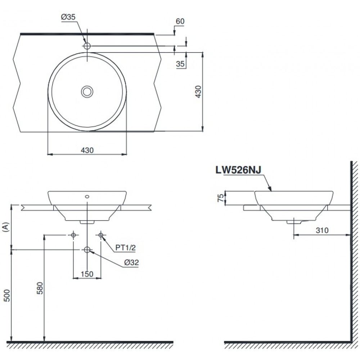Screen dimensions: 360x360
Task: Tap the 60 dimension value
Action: [x=180, y=21]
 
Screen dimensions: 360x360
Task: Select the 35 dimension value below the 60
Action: [x=180, y=64]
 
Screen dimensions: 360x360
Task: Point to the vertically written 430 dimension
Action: [x=198, y=91]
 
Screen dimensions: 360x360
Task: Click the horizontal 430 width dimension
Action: [x=87, y=150]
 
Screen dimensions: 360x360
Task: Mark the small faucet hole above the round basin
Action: [x=87, y=46]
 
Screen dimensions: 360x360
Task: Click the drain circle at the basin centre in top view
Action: [x=87, y=91]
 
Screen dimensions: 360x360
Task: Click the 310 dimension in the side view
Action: [x=321, y=230]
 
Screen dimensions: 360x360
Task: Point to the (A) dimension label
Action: [x=5, y=227]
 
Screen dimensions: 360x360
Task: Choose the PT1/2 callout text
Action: [x=125, y=248]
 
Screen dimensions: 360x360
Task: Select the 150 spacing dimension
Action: [x=87, y=274]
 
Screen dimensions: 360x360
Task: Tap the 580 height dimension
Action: [x=40, y=288]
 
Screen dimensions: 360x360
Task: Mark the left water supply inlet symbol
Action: [x=73, y=235]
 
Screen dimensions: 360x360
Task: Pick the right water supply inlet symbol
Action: [x=101, y=235]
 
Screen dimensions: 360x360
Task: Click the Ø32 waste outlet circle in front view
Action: [x=87, y=249]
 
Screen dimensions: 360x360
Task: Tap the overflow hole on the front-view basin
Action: [x=87, y=197]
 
